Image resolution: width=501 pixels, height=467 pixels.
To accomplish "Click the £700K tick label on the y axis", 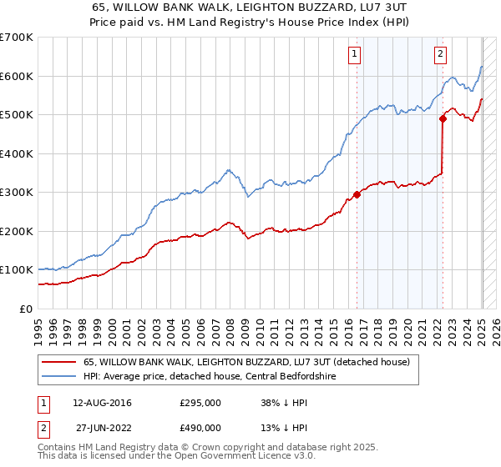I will pyautogui.click(x=17, y=38).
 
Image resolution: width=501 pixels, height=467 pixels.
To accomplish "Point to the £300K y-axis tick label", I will pyautogui.click(x=17, y=192).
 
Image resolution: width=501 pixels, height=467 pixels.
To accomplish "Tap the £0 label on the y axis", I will pyautogui.click(x=27, y=309).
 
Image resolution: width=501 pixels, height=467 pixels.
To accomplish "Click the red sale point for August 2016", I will pyautogui.click(x=357, y=194).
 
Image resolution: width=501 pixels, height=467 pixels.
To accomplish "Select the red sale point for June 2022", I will pyautogui.click(x=443, y=119).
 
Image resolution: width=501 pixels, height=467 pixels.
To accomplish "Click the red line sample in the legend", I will pyautogui.click(x=58, y=363).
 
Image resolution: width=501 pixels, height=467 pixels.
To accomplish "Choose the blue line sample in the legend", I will pyautogui.click(x=58, y=377).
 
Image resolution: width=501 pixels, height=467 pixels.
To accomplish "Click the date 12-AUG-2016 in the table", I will pyautogui.click(x=102, y=403).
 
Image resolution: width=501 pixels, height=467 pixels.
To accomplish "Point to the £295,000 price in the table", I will pyautogui.click(x=200, y=403).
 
